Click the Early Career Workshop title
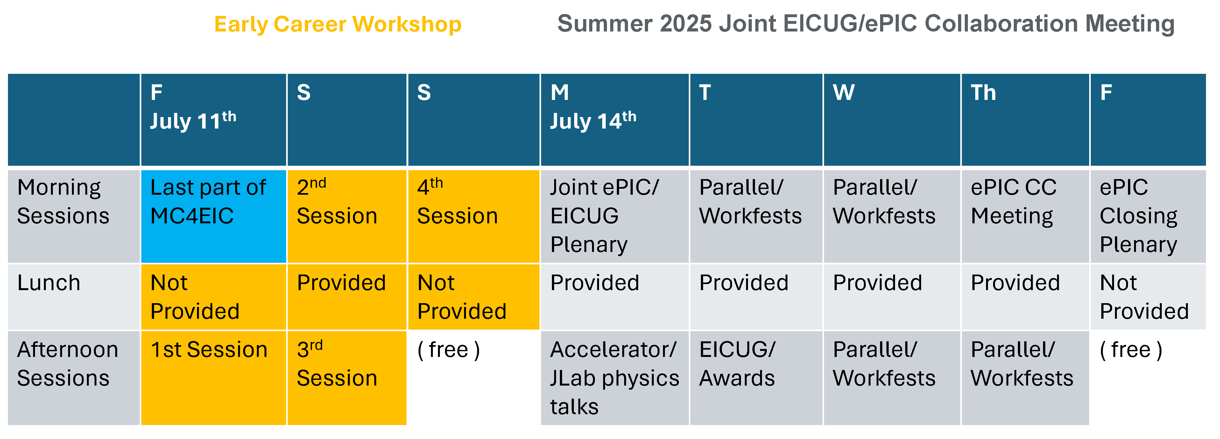coord(338,24)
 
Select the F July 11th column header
coord(214,119)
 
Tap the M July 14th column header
coord(615,119)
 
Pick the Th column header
coord(1025,119)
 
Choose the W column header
coord(892,119)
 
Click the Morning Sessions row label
coord(74,216)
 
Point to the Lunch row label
coord(74,296)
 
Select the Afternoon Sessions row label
coord(74,377)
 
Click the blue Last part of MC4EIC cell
coord(214,216)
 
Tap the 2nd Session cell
coord(347,216)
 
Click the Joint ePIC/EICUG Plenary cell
coord(615,216)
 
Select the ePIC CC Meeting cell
coord(1025,216)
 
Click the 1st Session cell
coord(214,377)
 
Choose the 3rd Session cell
coord(347,377)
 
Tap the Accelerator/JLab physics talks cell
coord(615,377)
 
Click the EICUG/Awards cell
coord(756,377)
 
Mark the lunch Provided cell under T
coord(756,296)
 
